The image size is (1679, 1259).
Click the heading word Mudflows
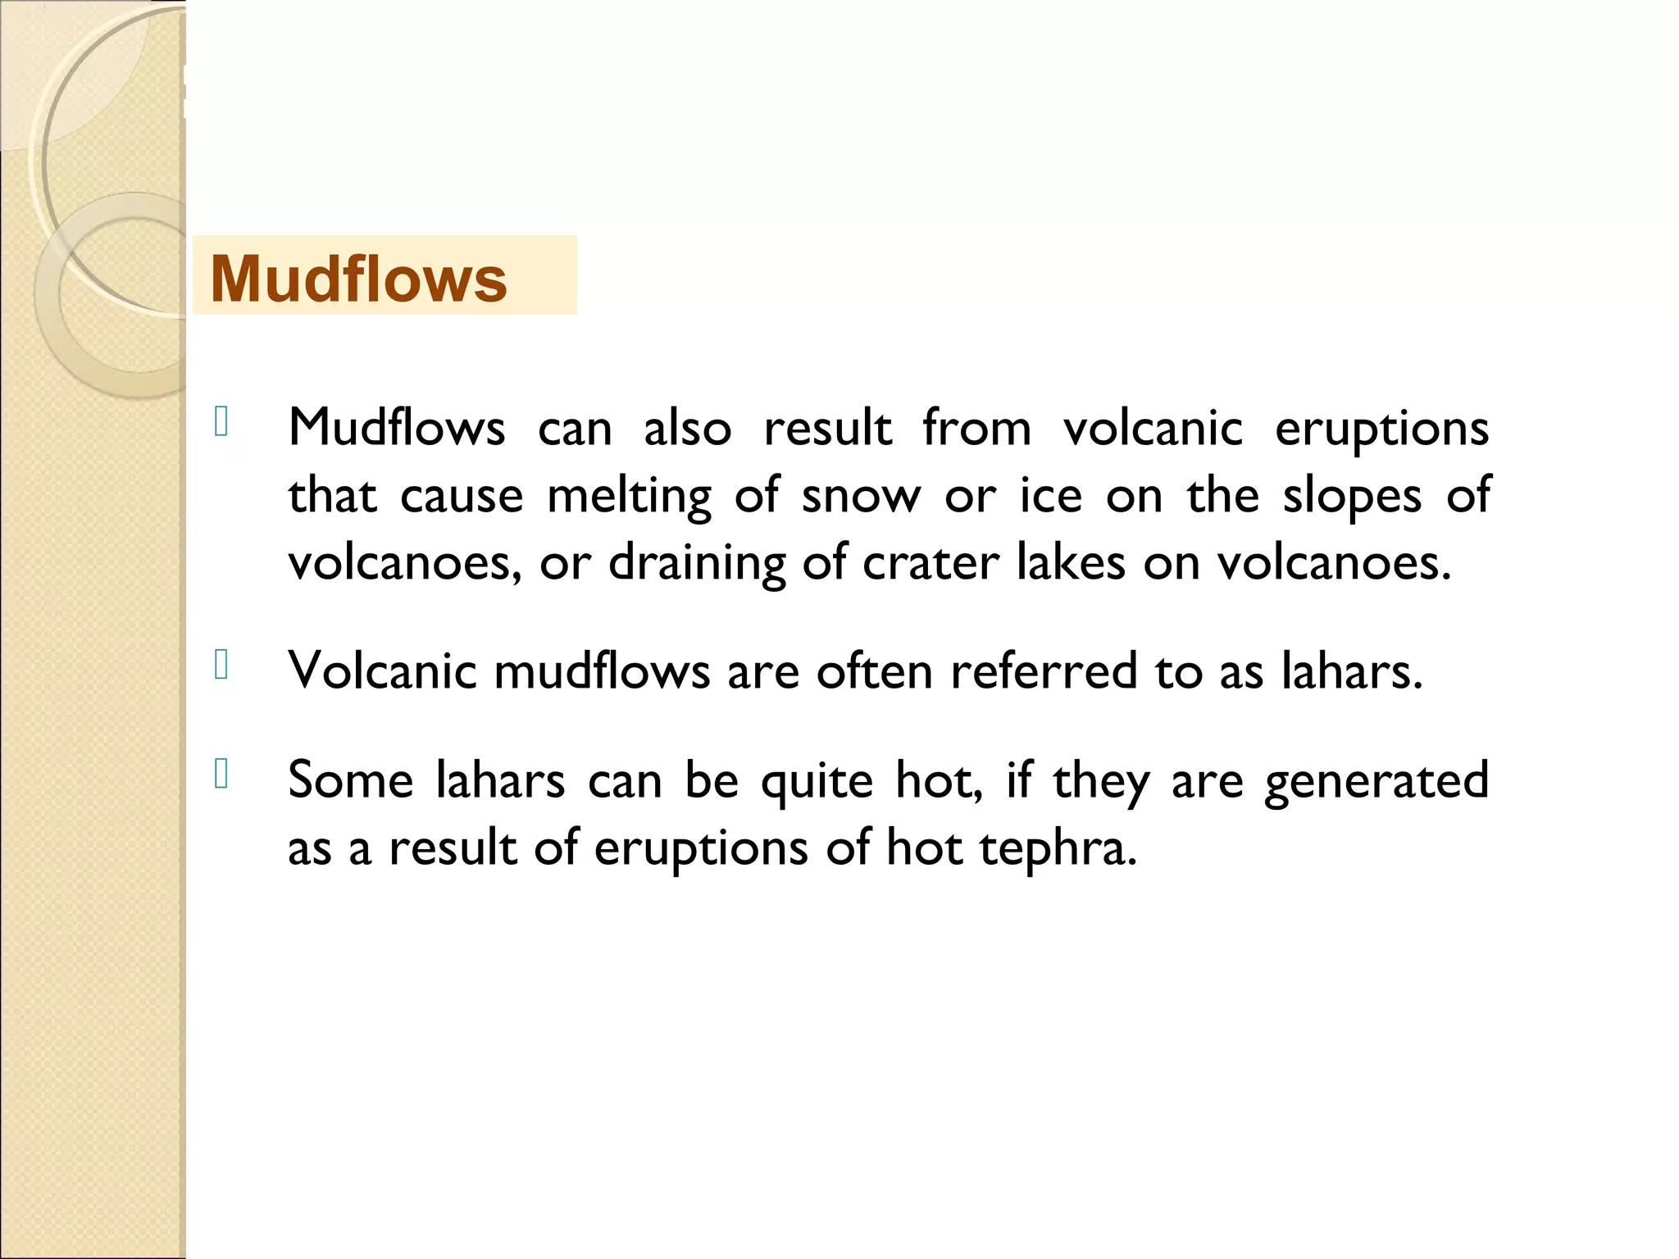(x=358, y=280)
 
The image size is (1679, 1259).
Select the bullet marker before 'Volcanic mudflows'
(x=221, y=665)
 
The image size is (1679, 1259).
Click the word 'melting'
(x=629, y=497)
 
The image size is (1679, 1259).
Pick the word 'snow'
(x=861, y=497)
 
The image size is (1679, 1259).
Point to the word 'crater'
(x=931, y=563)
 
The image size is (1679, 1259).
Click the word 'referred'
(x=1044, y=671)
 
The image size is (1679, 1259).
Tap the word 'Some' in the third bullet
(x=350, y=779)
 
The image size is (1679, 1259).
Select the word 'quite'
(x=817, y=781)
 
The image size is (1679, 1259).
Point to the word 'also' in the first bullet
(x=687, y=428)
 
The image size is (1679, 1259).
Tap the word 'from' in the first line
(x=976, y=428)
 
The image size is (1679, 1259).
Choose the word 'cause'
(x=462, y=497)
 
